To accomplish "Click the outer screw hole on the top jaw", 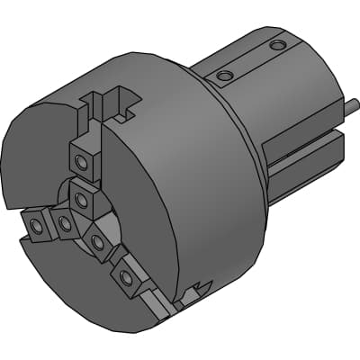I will click(x=82, y=162).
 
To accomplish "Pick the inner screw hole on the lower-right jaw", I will click(x=96, y=240).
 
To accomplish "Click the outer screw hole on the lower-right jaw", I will click(x=127, y=278).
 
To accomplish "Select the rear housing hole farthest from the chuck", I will click(x=278, y=44).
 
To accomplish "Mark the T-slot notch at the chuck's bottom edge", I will click(x=191, y=293).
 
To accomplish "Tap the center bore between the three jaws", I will click(x=106, y=216).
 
